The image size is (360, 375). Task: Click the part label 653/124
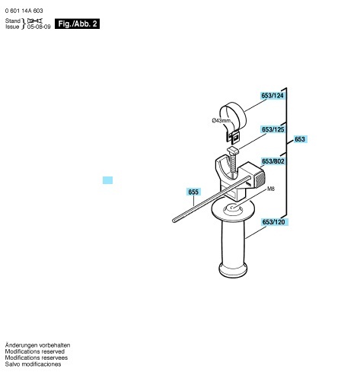coord(272,96)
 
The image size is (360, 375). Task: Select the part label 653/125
coord(273,129)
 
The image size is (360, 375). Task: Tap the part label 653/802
coord(273,161)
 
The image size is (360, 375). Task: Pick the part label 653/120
coord(273,222)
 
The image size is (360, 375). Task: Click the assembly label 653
coord(300,139)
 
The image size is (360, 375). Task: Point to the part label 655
coord(193,192)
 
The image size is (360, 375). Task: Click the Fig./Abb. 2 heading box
coord(78,24)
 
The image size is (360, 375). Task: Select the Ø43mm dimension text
coord(221,120)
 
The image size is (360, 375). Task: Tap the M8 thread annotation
coord(271,189)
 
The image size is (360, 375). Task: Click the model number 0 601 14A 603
coord(24,11)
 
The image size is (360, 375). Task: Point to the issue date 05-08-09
coord(39,27)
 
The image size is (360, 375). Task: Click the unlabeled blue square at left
coord(107,180)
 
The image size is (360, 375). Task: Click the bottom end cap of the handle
coord(233,270)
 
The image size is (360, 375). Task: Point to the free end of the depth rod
coord(174,221)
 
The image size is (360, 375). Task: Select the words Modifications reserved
coord(35,351)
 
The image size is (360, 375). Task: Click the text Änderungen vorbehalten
coord(37,345)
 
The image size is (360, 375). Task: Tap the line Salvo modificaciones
coord(33,364)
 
